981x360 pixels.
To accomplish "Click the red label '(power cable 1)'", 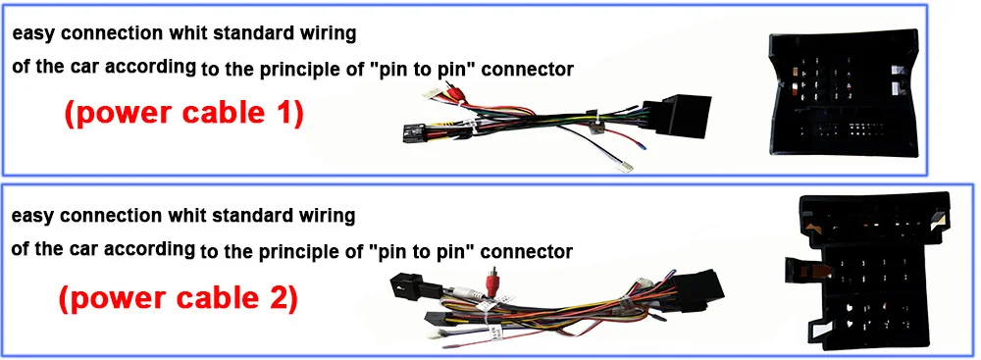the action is point(184,114).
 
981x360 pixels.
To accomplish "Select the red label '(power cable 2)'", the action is point(179,298).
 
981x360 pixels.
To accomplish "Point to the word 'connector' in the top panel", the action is point(528,69).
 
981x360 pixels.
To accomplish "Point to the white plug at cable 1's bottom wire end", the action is point(623,166).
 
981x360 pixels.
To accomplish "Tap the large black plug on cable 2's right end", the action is point(698,290).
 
